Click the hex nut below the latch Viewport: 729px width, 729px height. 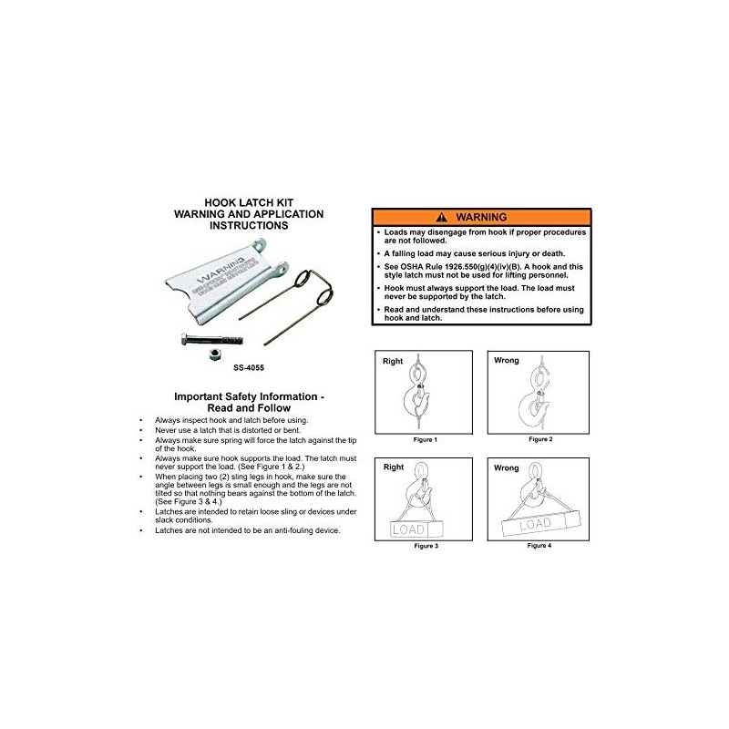pos(207,350)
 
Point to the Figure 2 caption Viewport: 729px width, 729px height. pos(539,439)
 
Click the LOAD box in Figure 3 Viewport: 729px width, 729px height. pos(415,529)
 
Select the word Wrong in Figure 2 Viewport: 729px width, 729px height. pos(506,361)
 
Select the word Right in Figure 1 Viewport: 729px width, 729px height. pos(394,361)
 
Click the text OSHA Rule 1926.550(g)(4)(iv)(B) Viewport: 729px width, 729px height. pos(452,266)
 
